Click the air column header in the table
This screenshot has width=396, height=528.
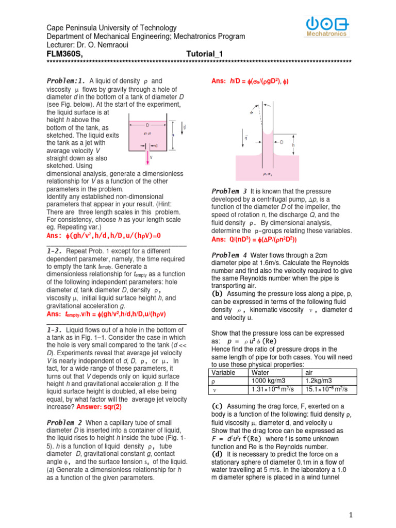tap(311, 372)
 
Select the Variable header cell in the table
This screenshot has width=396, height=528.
tap(224, 372)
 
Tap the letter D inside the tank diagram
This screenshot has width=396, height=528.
tap(147, 125)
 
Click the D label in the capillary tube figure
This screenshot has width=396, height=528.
tap(282, 142)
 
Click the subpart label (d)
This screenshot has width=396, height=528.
tap(218, 454)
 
